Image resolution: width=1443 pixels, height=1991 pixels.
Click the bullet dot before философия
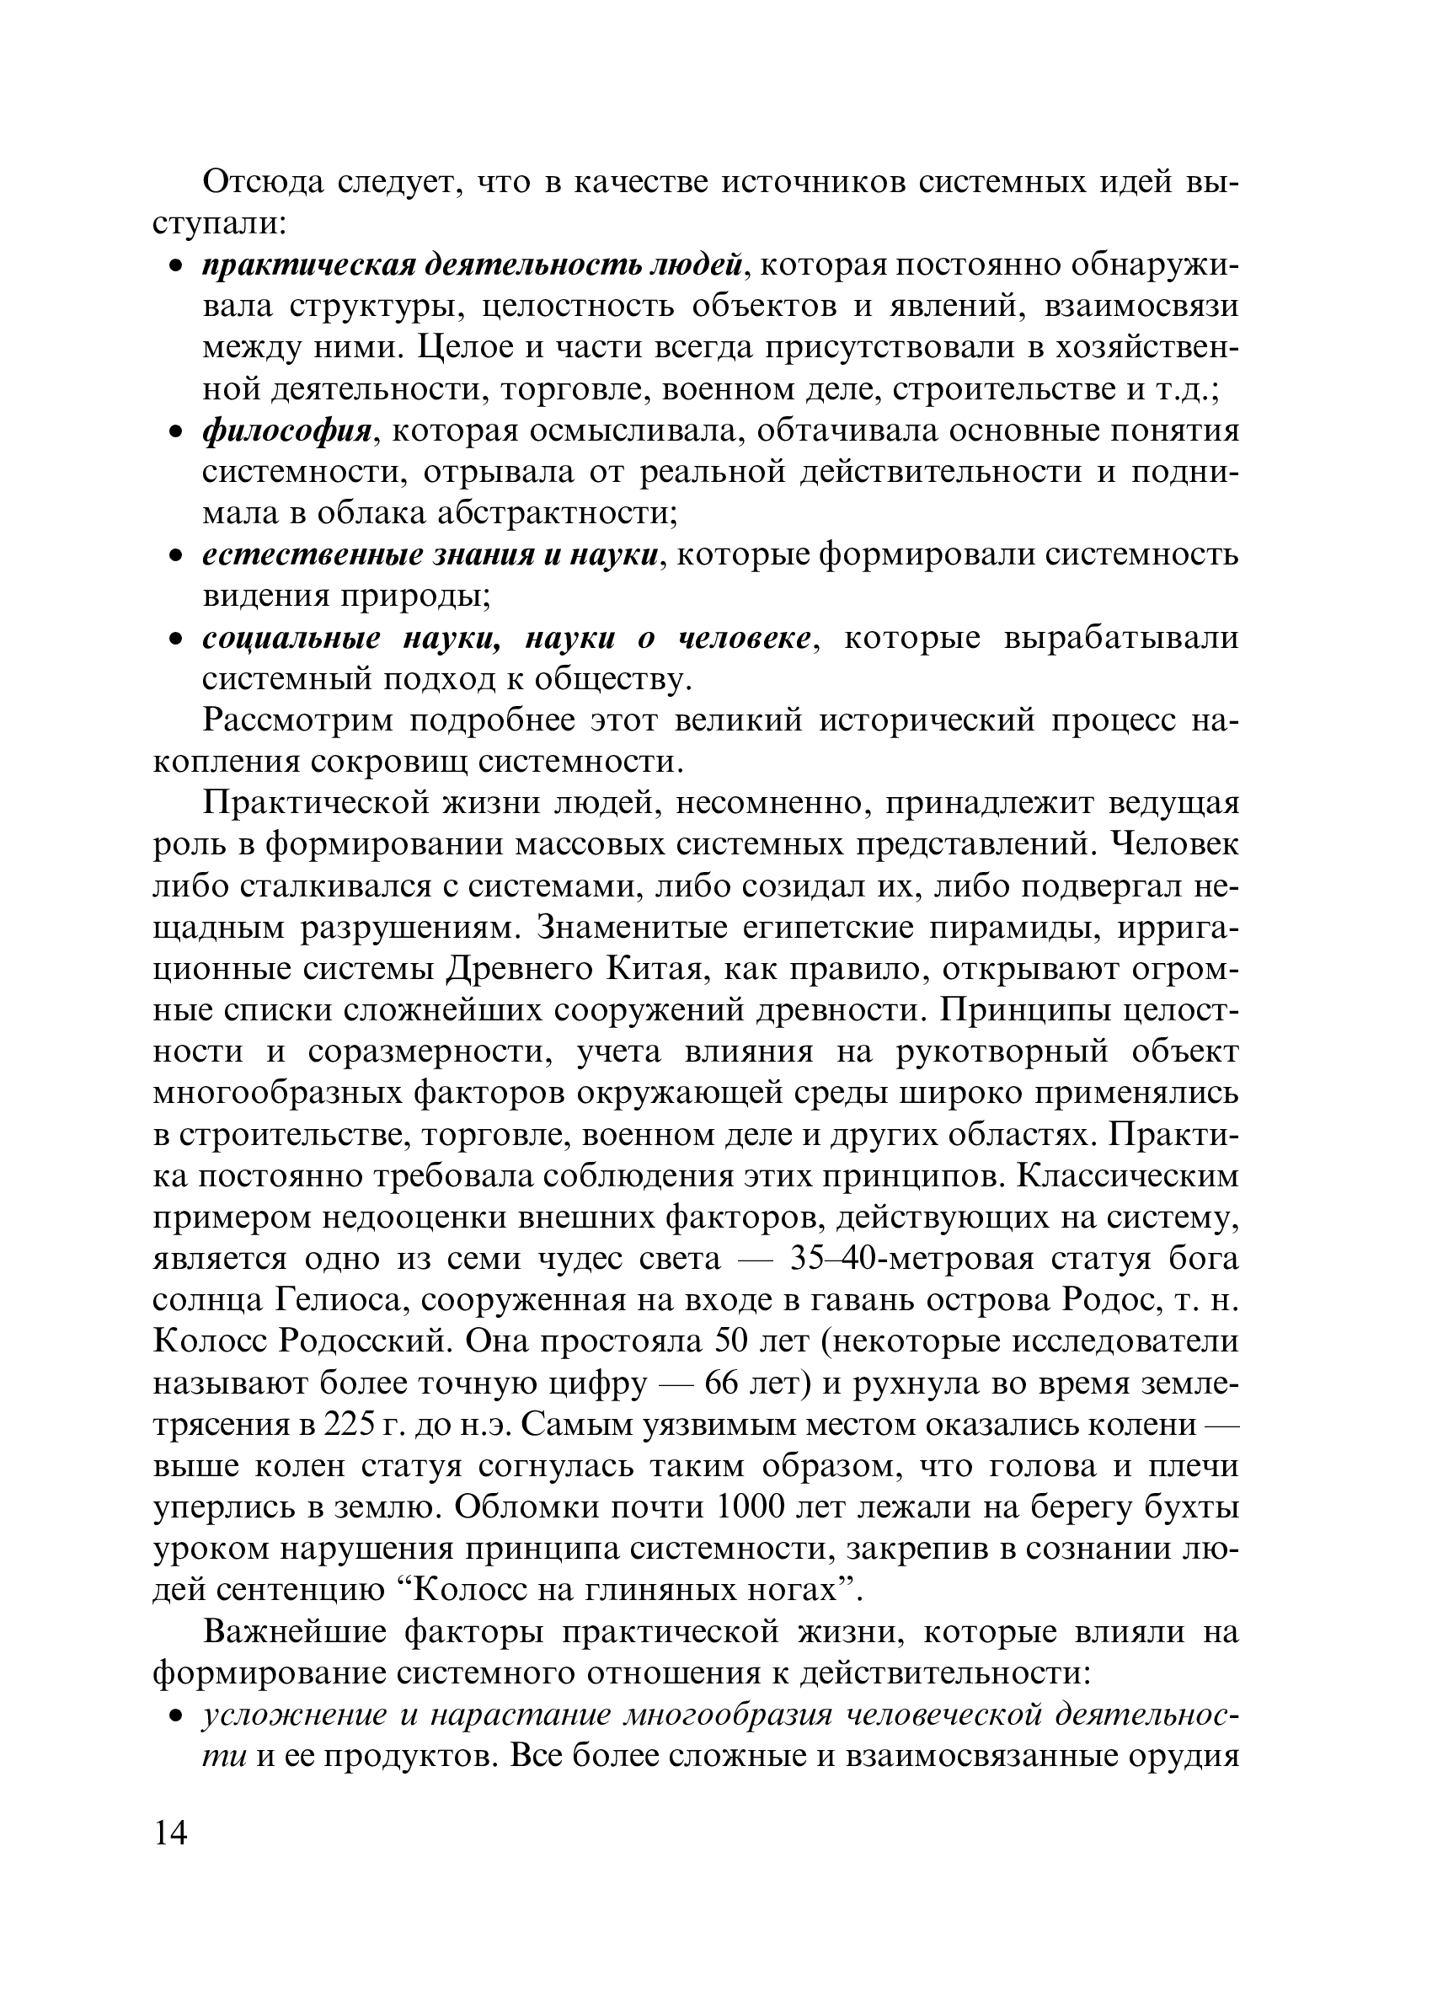(x=175, y=433)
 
